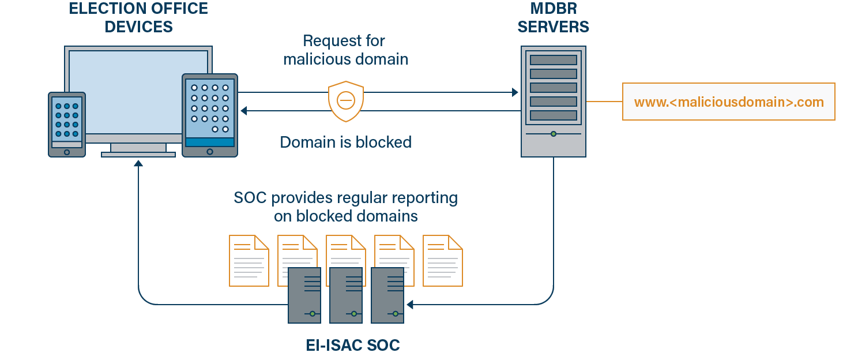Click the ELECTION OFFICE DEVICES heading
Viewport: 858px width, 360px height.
click(138, 17)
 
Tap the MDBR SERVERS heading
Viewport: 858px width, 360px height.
click(553, 17)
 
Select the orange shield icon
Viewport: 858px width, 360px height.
click(345, 101)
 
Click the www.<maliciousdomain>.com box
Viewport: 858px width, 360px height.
click(728, 102)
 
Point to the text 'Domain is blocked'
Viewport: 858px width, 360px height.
click(345, 142)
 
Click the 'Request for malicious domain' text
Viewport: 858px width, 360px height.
click(345, 50)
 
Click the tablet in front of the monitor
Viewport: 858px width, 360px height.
click(209, 115)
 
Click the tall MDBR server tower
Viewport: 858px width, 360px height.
click(553, 102)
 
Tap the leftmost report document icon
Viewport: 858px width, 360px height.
click(249, 260)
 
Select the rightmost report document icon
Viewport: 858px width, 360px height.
click(442, 260)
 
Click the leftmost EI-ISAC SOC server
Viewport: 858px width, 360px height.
click(304, 295)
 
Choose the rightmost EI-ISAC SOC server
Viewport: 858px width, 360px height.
click(387, 295)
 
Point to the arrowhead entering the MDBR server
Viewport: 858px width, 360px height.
click(515, 92)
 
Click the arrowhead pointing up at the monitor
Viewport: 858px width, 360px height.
click(138, 164)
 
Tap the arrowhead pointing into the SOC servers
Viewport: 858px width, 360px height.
click(409, 304)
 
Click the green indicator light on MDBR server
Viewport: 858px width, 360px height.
click(553, 134)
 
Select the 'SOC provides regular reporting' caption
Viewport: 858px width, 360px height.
click(345, 207)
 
